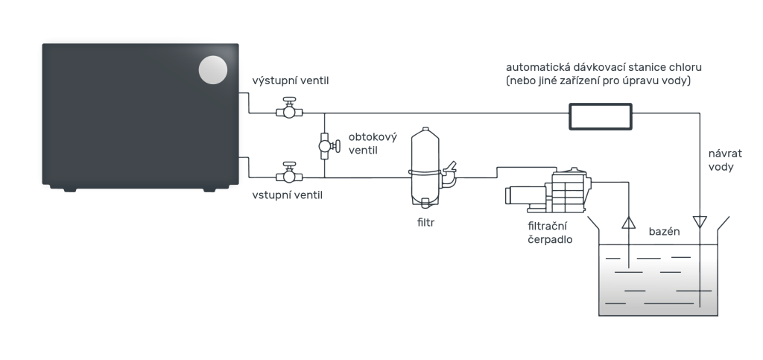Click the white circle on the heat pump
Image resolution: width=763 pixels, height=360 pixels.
tap(213, 70)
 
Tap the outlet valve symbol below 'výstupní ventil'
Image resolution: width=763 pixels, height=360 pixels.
tap(289, 108)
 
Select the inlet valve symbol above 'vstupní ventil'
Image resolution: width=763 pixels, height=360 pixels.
tap(289, 173)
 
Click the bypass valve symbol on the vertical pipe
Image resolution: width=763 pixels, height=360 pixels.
tap(329, 145)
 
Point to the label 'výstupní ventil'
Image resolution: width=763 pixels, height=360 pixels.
tap(291, 80)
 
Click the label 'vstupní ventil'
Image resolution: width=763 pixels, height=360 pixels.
tap(287, 195)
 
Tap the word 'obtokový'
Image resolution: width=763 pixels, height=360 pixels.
tap(373, 136)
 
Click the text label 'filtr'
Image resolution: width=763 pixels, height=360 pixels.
tap(425, 223)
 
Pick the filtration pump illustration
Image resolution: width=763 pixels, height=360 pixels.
tap(548, 191)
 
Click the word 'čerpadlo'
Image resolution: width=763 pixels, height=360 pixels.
tap(551, 239)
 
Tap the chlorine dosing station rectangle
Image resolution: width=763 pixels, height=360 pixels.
tap(601, 117)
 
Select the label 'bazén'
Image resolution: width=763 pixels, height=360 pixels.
tap(664, 232)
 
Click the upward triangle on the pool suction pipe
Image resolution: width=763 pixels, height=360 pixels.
tap(629, 223)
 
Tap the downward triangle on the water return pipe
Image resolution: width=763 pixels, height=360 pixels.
tap(700, 222)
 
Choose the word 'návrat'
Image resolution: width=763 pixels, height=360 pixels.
tap(725, 154)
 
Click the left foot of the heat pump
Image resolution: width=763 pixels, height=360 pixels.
tap(69, 189)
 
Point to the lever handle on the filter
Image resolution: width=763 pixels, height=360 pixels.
tap(450, 166)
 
